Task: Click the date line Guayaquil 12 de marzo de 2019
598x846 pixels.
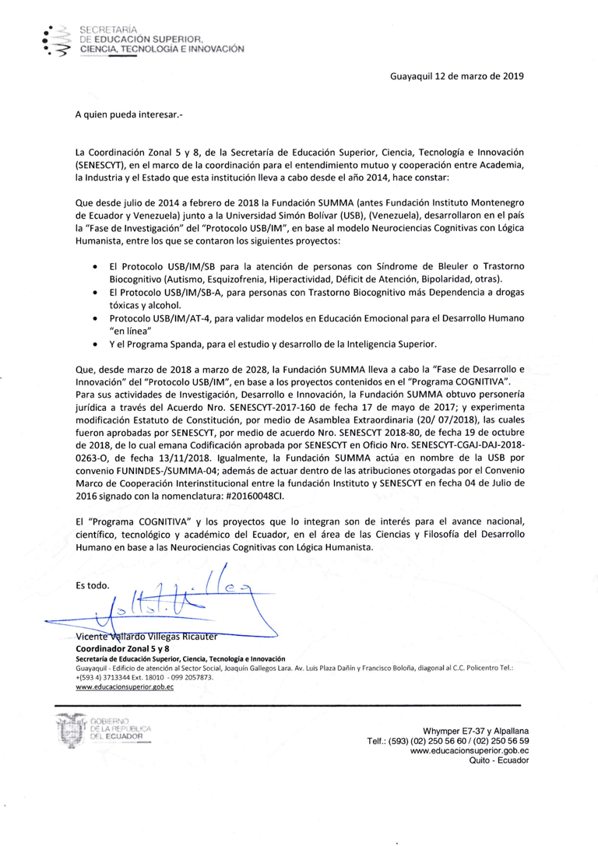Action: (x=457, y=76)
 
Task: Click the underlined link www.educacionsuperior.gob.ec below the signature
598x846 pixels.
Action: (x=114, y=687)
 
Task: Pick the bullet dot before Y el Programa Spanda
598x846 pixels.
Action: (x=94, y=343)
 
